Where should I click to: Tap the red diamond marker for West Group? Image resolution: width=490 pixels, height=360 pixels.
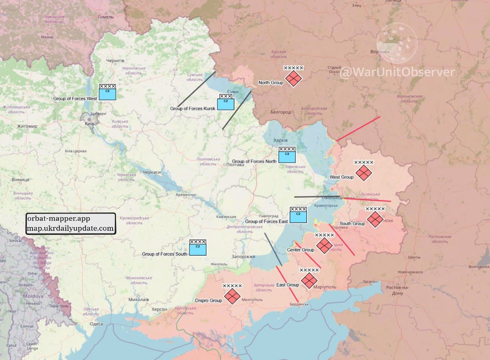point(364,173)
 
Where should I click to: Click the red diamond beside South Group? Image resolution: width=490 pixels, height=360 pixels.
point(375,219)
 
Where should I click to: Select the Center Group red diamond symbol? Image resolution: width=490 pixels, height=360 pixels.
point(324,245)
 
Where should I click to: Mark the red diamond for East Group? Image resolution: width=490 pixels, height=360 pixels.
point(309,280)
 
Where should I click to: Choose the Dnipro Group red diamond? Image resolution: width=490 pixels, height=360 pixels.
point(232,296)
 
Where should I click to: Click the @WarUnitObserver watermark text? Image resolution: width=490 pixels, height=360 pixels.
point(397,72)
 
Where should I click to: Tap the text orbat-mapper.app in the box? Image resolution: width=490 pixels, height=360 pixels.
point(58,219)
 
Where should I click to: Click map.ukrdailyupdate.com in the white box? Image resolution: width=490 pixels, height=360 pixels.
point(70,228)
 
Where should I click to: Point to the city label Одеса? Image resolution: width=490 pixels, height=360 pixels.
point(96,324)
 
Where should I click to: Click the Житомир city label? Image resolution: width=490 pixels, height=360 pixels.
point(27,126)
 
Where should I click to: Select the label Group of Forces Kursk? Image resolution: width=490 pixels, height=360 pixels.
point(193,109)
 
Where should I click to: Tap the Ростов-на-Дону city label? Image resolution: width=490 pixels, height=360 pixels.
point(397,290)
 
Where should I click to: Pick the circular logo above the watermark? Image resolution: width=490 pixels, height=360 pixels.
point(397,43)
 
